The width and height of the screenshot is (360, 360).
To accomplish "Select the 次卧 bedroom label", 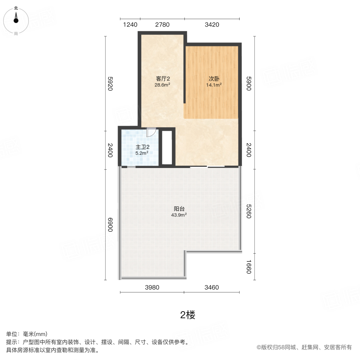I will coord(214,79).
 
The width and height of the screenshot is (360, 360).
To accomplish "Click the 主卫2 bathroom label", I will coord(142,147).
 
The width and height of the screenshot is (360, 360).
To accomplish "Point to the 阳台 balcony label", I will coord(179,208).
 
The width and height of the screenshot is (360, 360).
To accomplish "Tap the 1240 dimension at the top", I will coord(130,25).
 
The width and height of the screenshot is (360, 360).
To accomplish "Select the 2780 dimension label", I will coord(162,25).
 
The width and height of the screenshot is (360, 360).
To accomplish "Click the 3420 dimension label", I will coord(212,25).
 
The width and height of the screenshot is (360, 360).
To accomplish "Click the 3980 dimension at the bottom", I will coord(152,287).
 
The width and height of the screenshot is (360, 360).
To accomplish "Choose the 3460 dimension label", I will coord(212,287).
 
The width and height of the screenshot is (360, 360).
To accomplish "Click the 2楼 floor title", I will coord(187,315).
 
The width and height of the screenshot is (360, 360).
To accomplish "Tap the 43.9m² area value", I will coord(179,215).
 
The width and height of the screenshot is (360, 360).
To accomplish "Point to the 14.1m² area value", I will coord(214,85).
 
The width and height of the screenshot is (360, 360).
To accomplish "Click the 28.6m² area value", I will coord(163,85).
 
